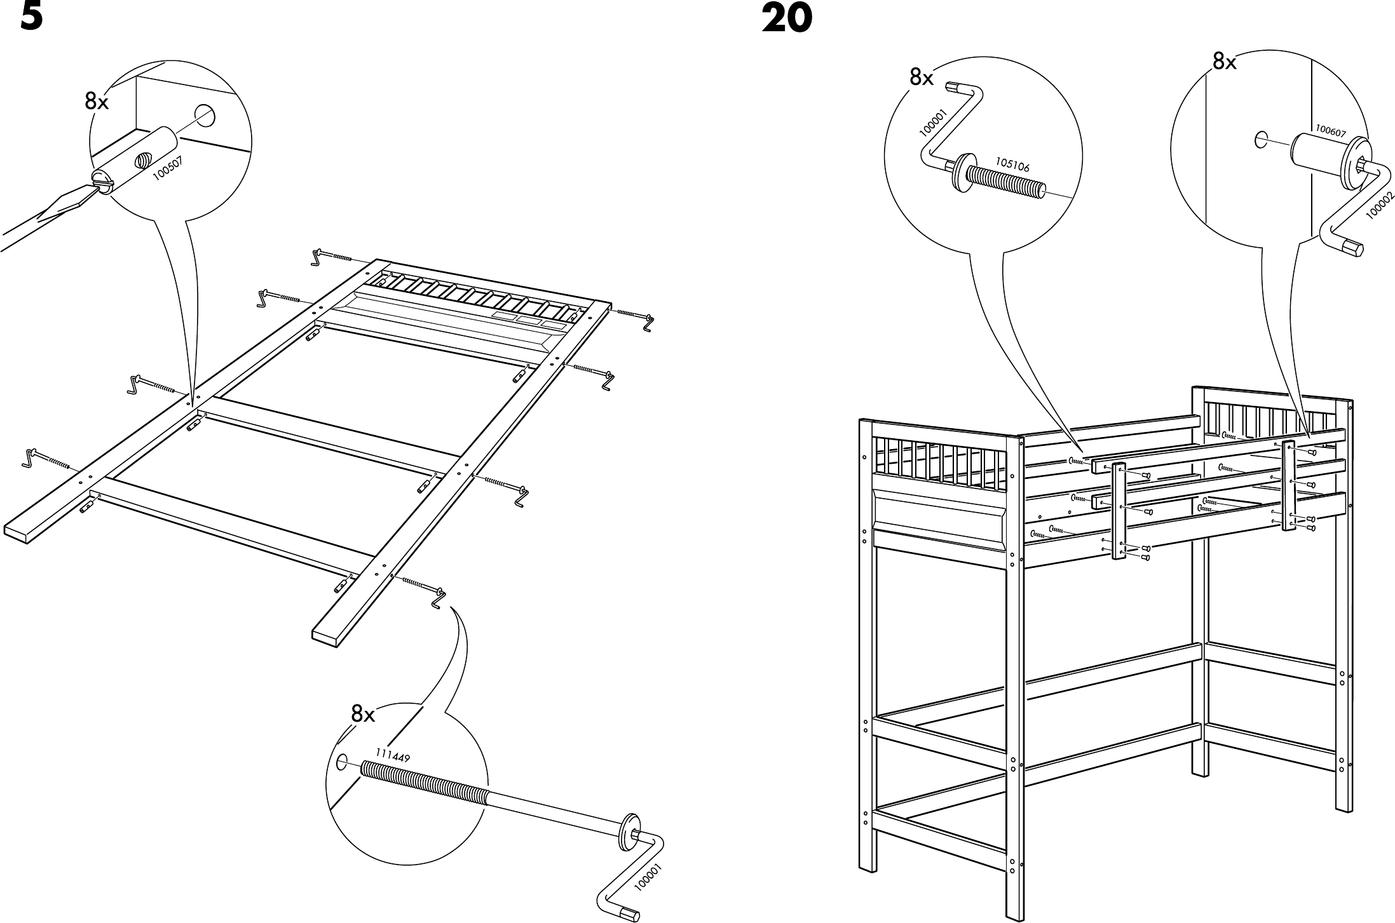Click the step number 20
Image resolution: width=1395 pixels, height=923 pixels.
(x=786, y=18)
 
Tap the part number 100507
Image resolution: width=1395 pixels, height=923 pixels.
(x=168, y=169)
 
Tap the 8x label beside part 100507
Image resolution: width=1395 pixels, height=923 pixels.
(x=97, y=102)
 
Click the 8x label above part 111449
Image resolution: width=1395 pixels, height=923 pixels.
(x=363, y=715)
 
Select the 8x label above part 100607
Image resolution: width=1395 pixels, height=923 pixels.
(x=1225, y=62)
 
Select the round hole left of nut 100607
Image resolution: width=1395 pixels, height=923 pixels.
(x=1262, y=140)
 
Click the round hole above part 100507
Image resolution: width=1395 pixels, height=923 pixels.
(x=205, y=116)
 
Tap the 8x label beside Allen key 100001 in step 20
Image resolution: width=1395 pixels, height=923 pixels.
(x=921, y=77)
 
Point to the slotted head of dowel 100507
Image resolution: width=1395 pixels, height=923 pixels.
(x=102, y=180)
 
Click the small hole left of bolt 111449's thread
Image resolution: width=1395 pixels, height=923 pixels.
(x=341, y=761)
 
